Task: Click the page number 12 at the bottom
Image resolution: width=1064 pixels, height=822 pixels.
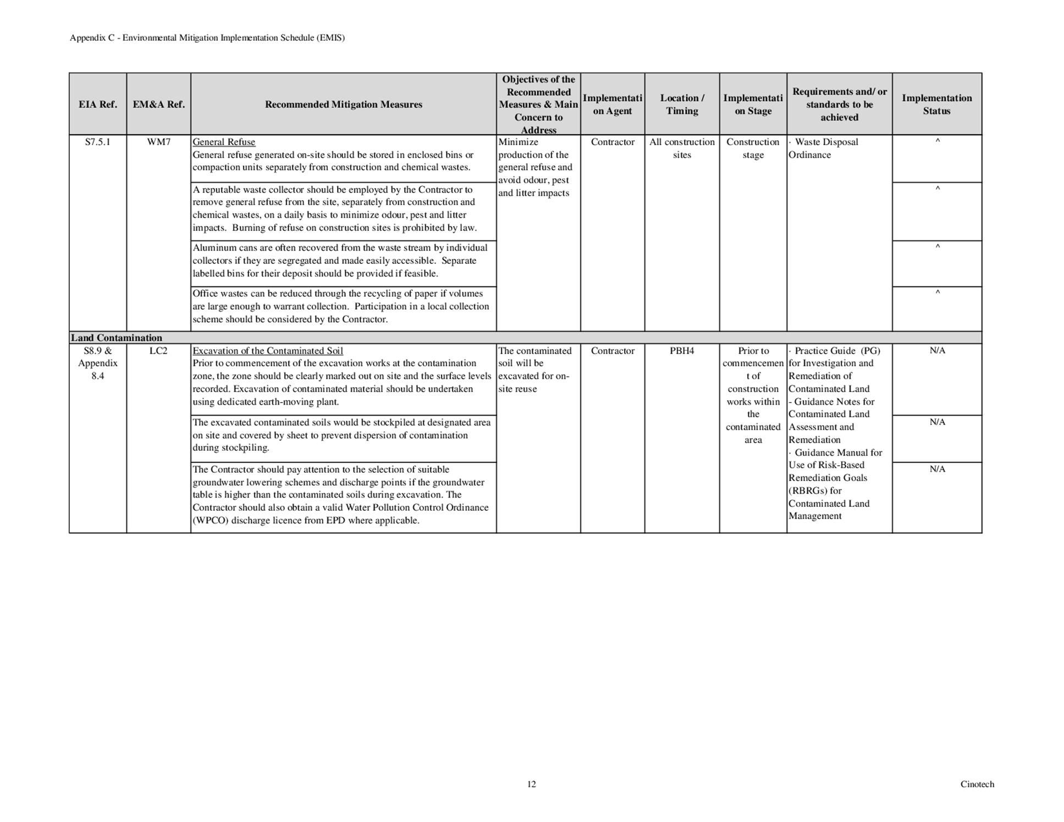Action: tap(531, 784)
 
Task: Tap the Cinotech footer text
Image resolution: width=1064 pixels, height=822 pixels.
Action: tap(977, 784)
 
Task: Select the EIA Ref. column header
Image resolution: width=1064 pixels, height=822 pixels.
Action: tap(98, 104)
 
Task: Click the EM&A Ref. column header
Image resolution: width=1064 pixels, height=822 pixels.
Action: tap(158, 104)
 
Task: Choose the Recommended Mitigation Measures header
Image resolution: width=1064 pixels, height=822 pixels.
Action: tap(343, 104)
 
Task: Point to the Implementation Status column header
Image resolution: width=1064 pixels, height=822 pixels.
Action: tap(936, 104)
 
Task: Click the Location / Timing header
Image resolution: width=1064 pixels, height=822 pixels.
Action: tap(682, 104)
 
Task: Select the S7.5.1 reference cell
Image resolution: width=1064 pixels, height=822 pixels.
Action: tap(98, 142)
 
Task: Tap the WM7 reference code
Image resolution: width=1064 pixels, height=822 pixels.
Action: tap(158, 142)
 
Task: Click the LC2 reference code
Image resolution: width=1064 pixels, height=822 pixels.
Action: tap(158, 351)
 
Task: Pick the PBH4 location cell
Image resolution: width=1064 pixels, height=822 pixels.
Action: tap(682, 351)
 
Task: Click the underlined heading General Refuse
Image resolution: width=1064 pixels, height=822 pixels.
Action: tap(224, 142)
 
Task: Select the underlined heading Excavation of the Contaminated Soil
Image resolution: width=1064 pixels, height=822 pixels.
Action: tap(268, 351)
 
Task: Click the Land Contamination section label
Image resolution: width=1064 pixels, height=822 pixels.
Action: tap(117, 338)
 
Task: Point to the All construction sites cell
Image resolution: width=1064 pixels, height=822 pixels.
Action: tap(682, 148)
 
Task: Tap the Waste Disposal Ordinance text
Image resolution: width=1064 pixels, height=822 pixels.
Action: tap(825, 148)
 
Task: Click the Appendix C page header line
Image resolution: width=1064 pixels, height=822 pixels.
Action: tap(207, 38)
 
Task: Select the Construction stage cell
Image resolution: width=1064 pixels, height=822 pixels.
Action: tap(753, 148)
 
